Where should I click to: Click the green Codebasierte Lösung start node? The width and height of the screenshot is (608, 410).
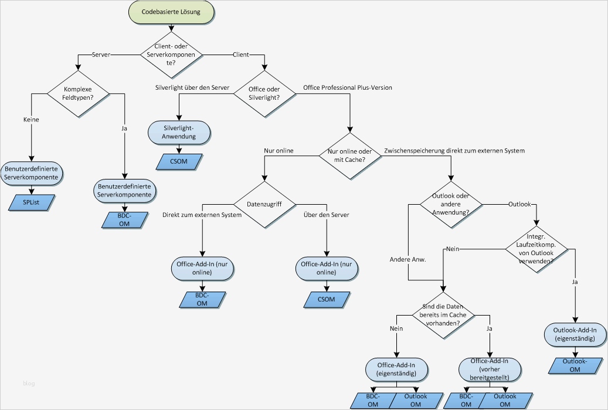point(170,12)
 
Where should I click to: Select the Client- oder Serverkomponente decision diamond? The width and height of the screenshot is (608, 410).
point(171,55)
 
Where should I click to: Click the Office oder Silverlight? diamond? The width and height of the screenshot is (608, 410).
point(265,93)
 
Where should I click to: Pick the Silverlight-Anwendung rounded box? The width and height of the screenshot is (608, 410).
point(178,132)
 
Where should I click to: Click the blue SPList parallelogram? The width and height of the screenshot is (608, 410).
point(32,202)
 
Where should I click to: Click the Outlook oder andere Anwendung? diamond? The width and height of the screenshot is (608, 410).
point(450,204)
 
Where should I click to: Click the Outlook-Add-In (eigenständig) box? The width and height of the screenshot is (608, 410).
point(575,334)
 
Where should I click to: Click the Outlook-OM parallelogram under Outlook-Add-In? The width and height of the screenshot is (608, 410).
point(575,365)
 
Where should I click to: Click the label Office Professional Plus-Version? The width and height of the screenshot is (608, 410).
point(348,87)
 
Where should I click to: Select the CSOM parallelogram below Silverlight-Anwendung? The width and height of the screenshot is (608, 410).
point(178,160)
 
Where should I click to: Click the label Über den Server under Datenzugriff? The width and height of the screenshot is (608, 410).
point(326,215)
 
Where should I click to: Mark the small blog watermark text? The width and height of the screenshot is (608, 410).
point(29,384)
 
